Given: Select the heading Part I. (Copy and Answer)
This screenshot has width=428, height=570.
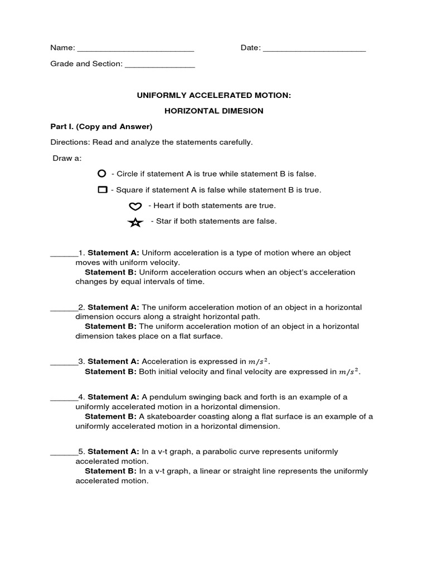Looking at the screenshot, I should [x=101, y=126].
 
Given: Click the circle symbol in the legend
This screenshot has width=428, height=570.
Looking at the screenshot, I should [x=102, y=174].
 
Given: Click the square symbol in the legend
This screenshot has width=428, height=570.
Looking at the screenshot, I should [x=102, y=190].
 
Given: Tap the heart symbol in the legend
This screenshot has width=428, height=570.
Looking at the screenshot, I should [x=135, y=206].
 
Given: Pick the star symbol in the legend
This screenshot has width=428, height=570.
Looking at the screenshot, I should [x=135, y=222].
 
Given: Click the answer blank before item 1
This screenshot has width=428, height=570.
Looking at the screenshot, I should [x=64, y=255].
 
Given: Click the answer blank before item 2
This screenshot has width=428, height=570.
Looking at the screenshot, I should [x=64, y=310].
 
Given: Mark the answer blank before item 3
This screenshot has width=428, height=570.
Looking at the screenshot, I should [x=64, y=364].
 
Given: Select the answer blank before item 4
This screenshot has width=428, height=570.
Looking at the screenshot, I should [x=64, y=400].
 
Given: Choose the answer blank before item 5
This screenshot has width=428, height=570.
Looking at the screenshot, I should [x=64, y=454].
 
